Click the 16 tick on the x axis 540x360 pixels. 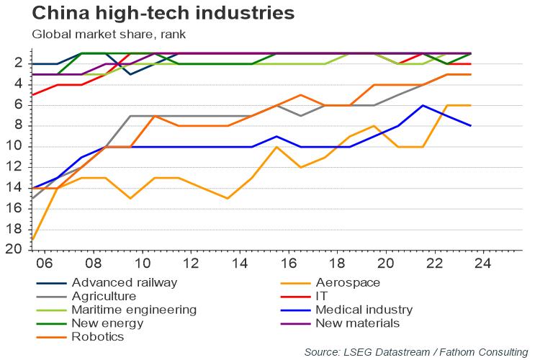(287, 263)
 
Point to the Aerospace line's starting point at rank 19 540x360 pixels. (33, 239)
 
